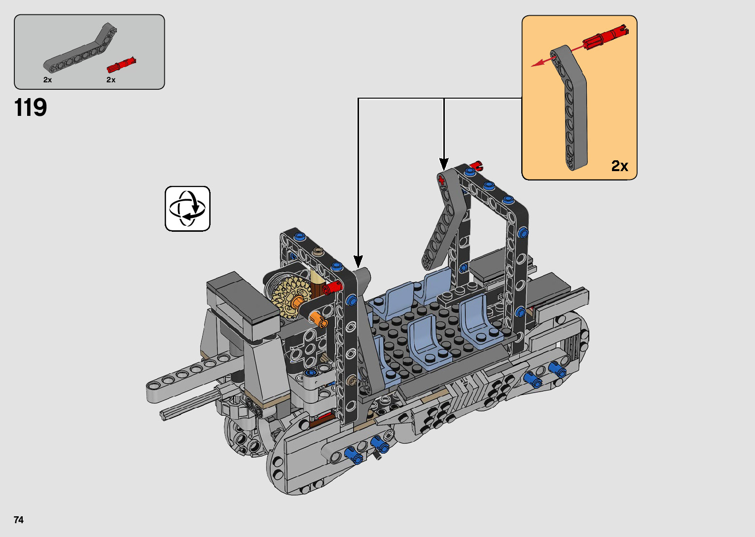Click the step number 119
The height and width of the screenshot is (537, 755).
(31, 108)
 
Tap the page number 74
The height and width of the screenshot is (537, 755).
(19, 520)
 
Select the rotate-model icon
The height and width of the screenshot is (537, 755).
(187, 209)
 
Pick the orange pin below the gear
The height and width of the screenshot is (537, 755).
(318, 319)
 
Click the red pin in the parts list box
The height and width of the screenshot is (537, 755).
(121, 65)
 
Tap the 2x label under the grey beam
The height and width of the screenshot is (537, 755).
(47, 80)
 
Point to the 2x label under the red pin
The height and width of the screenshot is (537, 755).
(111, 80)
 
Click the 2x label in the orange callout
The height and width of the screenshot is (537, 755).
(619, 166)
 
